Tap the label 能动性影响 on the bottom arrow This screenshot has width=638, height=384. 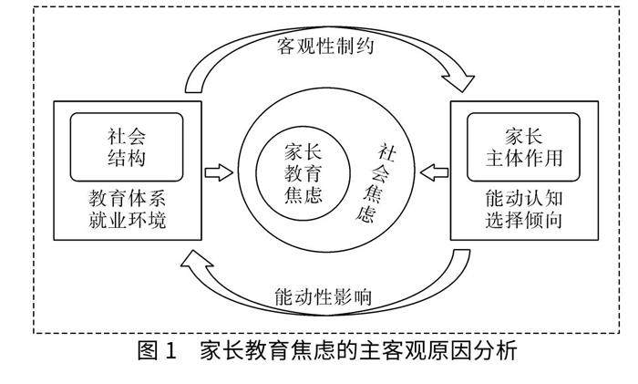tap(321, 296)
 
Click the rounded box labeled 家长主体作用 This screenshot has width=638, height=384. tap(522, 145)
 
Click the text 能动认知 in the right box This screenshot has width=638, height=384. tap(522, 197)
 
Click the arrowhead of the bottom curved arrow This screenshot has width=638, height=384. tap(195, 261)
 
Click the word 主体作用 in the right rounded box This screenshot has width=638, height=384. tap(522, 157)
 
